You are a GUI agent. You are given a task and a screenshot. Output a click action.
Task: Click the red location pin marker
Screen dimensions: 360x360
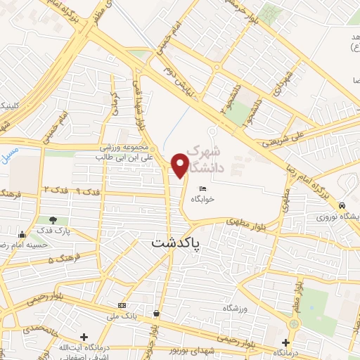[181, 165]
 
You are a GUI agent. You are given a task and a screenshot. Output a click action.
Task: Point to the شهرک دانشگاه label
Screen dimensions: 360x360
[219, 159]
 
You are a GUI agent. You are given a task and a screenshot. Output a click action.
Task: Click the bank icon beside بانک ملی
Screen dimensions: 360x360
[122, 305]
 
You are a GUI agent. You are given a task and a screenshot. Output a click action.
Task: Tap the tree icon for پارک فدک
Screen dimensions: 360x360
[53, 221]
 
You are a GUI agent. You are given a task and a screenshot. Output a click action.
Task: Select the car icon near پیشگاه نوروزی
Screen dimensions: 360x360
[342, 206]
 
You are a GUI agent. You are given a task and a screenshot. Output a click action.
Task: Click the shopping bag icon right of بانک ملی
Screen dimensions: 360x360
[155, 313]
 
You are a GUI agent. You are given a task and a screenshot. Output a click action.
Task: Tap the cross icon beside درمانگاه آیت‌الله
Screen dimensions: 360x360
[84, 337]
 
